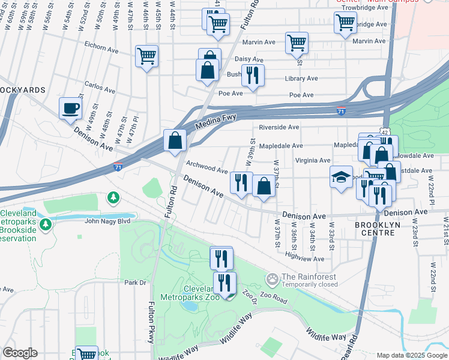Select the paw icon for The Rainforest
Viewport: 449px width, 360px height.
pos(273,279)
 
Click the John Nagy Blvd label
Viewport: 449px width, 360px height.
pos(107,221)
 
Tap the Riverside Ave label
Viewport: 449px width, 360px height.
pos(279,127)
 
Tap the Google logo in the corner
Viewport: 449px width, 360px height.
pos(20,353)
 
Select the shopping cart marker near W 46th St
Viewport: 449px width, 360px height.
pos(146,56)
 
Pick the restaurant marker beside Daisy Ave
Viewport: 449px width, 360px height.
pos(253,75)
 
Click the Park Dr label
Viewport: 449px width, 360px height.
pos(135,283)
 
